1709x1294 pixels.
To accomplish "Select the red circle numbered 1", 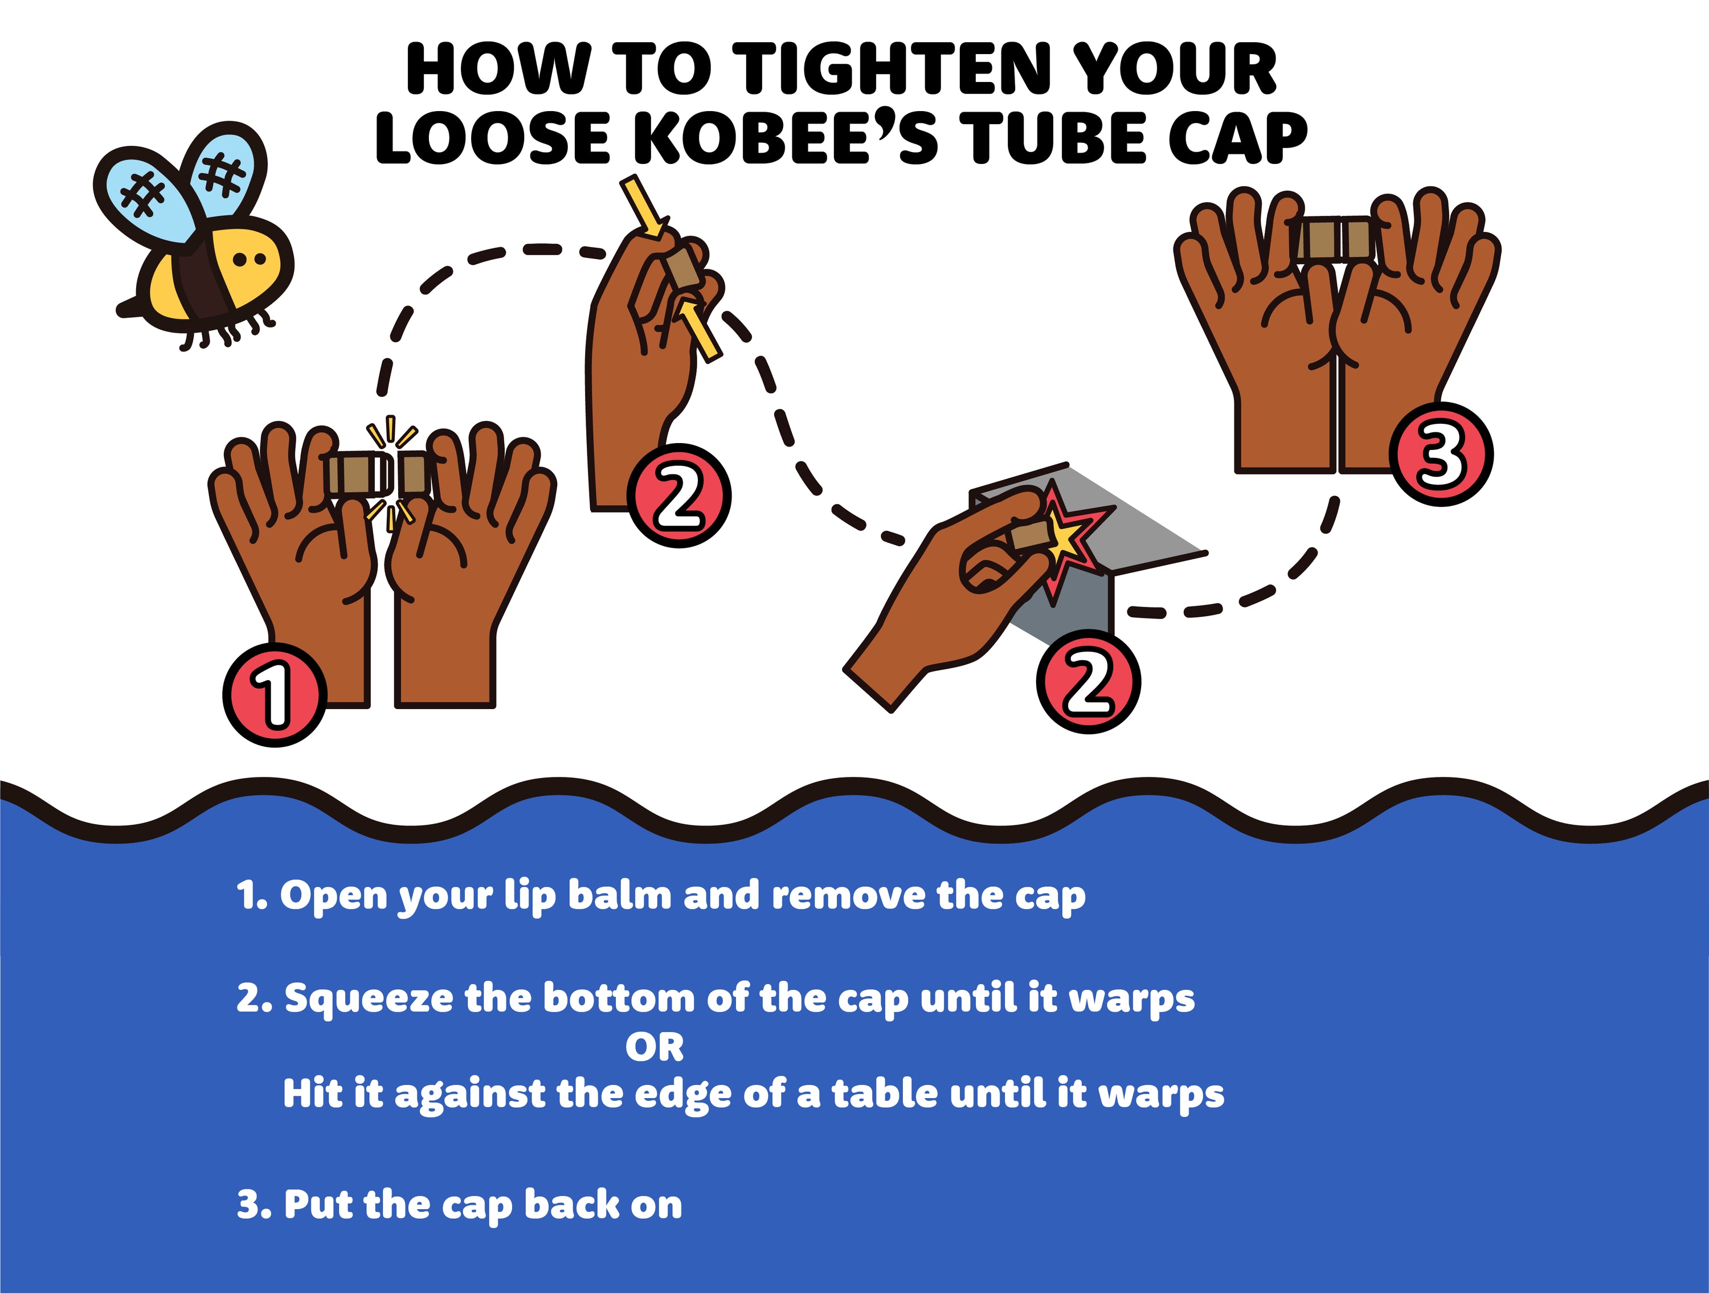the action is (274, 694).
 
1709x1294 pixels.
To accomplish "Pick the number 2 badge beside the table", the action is (1089, 681).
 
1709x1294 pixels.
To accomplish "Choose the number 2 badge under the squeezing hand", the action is (679, 495).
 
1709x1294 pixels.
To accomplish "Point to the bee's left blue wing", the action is (143, 197).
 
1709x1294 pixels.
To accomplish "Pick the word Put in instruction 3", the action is (317, 1205).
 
